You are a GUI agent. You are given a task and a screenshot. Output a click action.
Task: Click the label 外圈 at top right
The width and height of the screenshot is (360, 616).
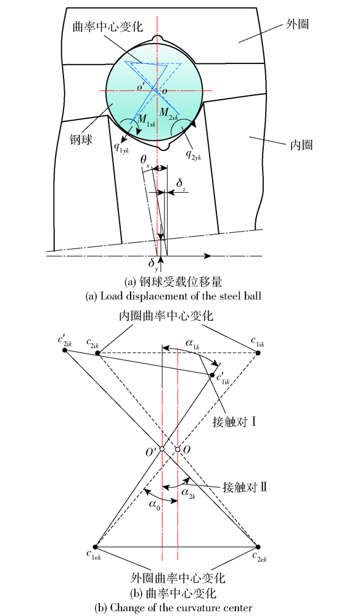point(298,25)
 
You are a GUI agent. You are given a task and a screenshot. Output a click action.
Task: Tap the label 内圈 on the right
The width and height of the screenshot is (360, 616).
point(301,145)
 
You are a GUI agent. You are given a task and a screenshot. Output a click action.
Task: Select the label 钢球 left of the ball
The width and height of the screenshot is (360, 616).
point(82,139)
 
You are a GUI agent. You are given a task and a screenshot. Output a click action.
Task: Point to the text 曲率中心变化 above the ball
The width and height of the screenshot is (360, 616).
point(107,26)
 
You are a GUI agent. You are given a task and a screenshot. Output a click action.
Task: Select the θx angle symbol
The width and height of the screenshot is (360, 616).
point(145,161)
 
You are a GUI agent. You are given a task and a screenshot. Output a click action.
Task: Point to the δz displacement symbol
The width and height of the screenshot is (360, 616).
point(181,185)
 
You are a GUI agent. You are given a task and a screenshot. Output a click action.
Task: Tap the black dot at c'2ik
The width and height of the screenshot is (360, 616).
point(65,350)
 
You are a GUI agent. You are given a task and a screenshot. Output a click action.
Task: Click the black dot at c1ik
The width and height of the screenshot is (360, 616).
point(258,353)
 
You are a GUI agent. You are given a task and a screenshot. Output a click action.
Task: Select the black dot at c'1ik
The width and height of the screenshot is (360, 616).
point(213,375)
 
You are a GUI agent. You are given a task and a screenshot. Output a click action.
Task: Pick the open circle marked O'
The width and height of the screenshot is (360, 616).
point(162,449)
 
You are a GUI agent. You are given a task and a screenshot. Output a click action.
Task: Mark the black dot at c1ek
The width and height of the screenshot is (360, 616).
point(96,546)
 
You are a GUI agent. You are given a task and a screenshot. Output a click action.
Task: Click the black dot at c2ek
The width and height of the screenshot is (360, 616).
point(258,546)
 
